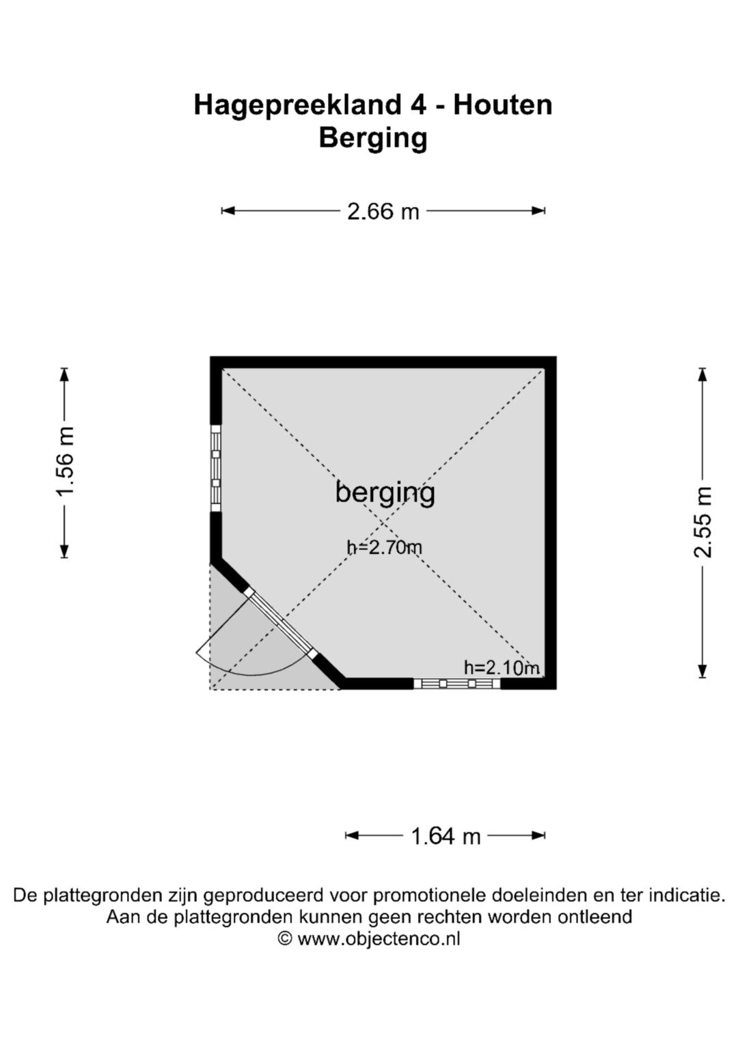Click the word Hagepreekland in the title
(297, 106)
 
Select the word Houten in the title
(503, 105)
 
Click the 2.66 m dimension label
(383, 212)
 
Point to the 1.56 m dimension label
(65, 462)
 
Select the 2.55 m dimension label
(702, 522)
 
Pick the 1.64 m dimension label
(445, 837)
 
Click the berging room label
(385, 494)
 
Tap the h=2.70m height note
(384, 546)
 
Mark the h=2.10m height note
(502, 668)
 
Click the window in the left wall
(216, 469)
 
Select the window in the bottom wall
(456, 684)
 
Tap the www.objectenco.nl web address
(379, 938)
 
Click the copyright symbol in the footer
(285, 938)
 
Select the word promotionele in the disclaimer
(429, 895)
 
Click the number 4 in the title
(418, 105)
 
